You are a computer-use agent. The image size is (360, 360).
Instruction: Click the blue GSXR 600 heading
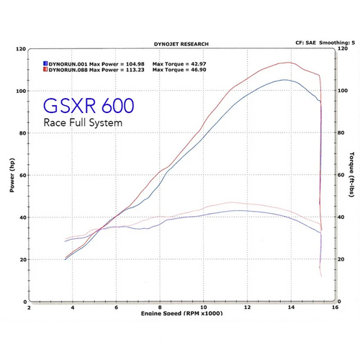[x=88, y=107]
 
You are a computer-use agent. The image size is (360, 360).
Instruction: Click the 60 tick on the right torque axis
[x=341, y=175]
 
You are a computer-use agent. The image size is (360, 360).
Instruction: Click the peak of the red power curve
[x=289, y=63]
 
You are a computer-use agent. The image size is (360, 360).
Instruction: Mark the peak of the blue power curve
[x=286, y=80]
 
